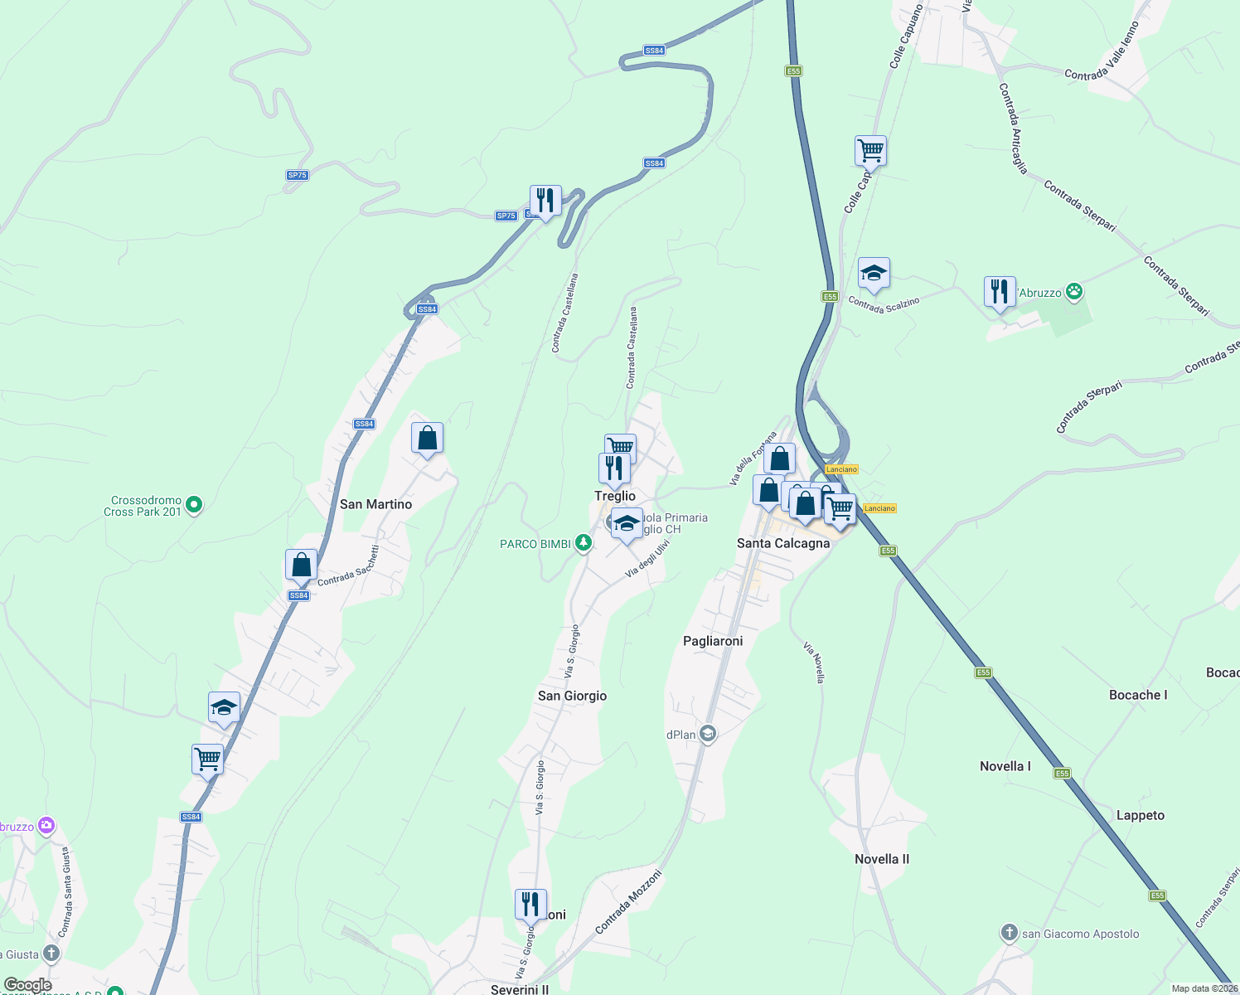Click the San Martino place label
pyautogui.click(x=375, y=504)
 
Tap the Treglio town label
pyautogui.click(x=615, y=496)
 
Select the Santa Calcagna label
pyautogui.click(x=783, y=543)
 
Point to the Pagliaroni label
pyautogui.click(x=713, y=641)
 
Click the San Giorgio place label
pyautogui.click(x=572, y=696)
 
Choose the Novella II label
pyautogui.click(x=882, y=859)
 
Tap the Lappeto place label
pyautogui.click(x=1140, y=815)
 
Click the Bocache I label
pyautogui.click(x=1138, y=695)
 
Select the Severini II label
pyautogui.click(x=520, y=989)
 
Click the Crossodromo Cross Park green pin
pyautogui.click(x=194, y=504)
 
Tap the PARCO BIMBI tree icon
pyautogui.click(x=584, y=543)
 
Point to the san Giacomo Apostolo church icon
pyautogui.click(x=1009, y=934)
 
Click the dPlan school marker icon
pyautogui.click(x=707, y=734)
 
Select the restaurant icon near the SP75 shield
pyautogui.click(x=545, y=201)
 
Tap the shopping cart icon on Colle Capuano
pyautogui.click(x=870, y=152)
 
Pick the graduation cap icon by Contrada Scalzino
pyautogui.click(x=874, y=274)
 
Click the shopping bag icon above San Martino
pyautogui.click(x=427, y=438)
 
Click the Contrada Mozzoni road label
pyautogui.click(x=628, y=901)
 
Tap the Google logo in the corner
pyautogui.click(x=27, y=985)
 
